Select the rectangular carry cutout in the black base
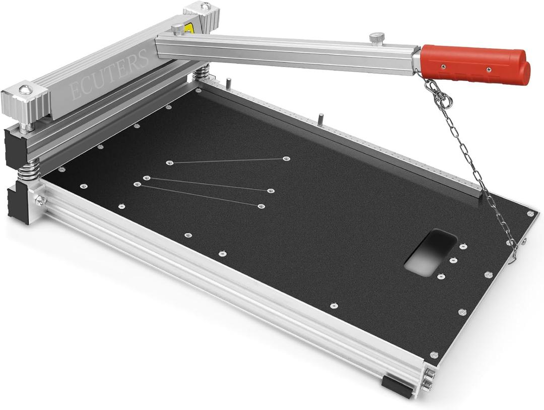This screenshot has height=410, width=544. (431, 252)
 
